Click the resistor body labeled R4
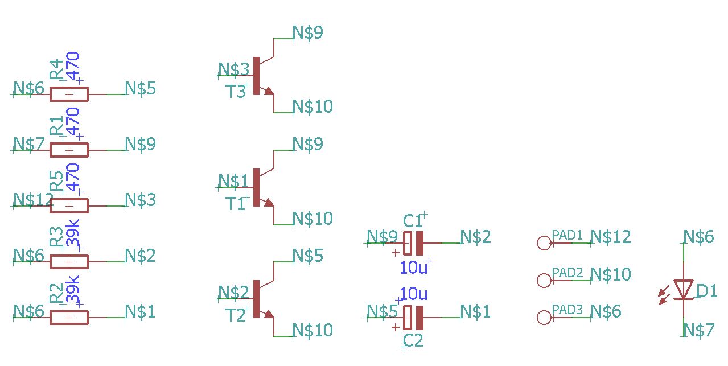tap(69, 94)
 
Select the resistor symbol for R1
tap(69, 150)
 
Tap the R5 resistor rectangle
tap(69, 205)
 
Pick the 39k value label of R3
tap(73, 233)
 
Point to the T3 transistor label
tap(236, 91)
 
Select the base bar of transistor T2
tap(256, 299)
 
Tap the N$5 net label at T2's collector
tap(307, 256)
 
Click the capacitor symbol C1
tap(414, 243)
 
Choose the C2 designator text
tap(413, 341)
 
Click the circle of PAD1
tap(544, 243)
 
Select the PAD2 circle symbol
tap(544, 280)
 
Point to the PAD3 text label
tap(567, 310)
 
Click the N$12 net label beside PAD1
tap(611, 237)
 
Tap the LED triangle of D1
tap(683, 289)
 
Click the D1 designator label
tap(706, 291)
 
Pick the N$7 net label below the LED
tap(698, 330)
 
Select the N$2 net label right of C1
tap(475, 237)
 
